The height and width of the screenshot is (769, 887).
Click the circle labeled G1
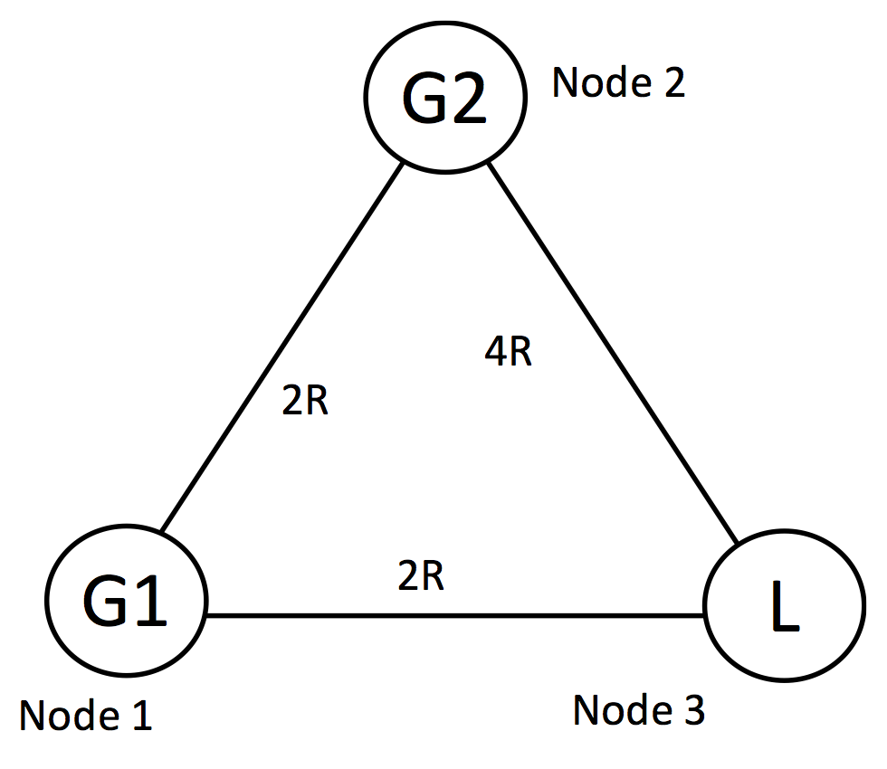(x=127, y=601)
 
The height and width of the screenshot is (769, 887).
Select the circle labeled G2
(x=444, y=96)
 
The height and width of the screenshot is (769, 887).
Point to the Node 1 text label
(x=85, y=717)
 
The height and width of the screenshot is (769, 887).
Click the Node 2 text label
(x=619, y=83)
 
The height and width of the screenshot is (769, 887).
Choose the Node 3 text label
(x=639, y=711)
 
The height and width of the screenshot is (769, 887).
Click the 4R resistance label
(x=508, y=353)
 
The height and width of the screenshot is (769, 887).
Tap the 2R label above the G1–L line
(x=421, y=575)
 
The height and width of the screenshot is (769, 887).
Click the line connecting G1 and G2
(x=281, y=348)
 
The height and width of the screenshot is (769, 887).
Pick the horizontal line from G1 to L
(x=453, y=616)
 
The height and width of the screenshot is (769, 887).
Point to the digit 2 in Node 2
(x=672, y=83)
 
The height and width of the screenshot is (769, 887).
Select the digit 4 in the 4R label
(x=496, y=353)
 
